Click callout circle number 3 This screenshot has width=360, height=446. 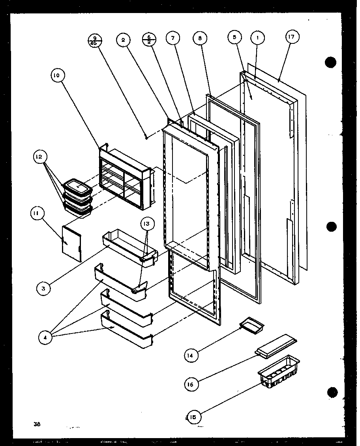[x=44, y=289]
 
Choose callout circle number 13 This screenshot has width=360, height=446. [x=146, y=224]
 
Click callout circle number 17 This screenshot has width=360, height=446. [x=292, y=37]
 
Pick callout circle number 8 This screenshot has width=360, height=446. [x=200, y=38]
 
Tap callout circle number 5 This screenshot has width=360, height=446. [x=235, y=37]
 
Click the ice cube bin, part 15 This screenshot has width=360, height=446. [x=279, y=370]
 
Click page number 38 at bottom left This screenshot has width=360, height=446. [x=37, y=424]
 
